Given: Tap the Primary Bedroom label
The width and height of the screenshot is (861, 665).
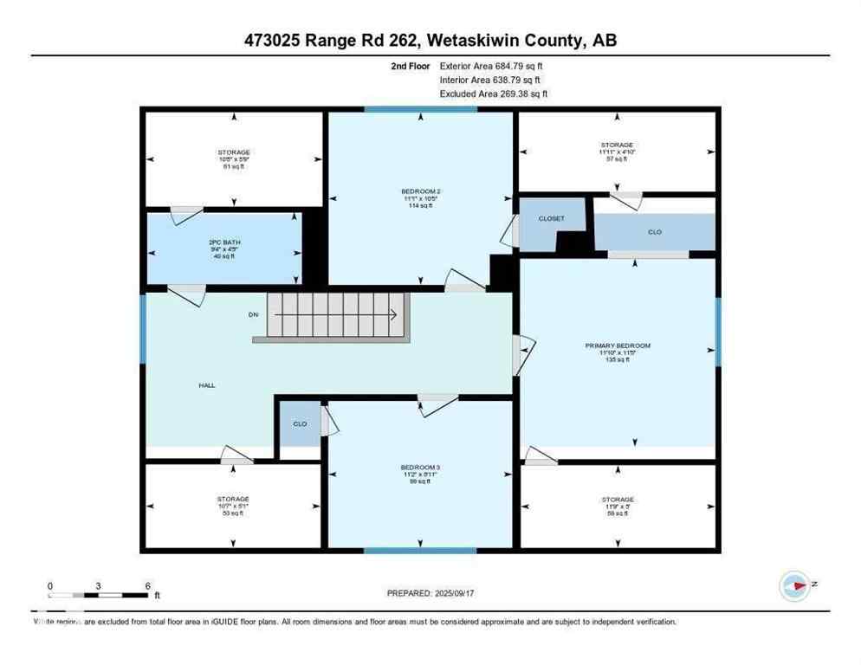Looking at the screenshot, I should click(x=618, y=345).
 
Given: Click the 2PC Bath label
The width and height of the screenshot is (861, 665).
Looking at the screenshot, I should click(x=223, y=242).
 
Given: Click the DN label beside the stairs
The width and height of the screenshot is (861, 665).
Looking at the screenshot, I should click(x=254, y=314).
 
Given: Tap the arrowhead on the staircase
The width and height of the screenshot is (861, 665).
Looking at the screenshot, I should click(x=396, y=315).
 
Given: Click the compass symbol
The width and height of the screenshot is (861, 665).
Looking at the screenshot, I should click(x=794, y=585).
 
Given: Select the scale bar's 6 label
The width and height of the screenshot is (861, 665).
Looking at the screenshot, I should click(x=148, y=585).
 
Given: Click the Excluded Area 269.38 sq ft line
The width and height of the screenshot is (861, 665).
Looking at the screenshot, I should click(x=494, y=94).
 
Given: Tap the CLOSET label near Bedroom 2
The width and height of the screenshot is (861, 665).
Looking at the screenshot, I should click(x=552, y=219).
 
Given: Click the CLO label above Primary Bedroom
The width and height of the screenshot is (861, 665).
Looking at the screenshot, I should click(x=655, y=232).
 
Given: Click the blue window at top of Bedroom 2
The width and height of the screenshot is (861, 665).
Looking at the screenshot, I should click(x=420, y=109).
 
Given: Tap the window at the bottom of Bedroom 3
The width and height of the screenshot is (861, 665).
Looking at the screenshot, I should click(x=420, y=550).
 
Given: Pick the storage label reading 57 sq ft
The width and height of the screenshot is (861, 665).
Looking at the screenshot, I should click(x=617, y=158).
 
